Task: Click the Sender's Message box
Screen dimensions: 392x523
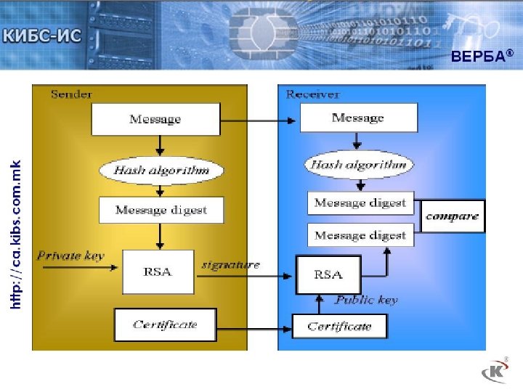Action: pos(155,119)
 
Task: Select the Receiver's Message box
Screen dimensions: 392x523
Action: pos(358,118)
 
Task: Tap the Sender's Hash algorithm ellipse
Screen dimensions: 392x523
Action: pos(161,171)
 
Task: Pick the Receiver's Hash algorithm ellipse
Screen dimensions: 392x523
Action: pos(359,165)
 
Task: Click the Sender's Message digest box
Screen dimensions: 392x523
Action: pos(161,210)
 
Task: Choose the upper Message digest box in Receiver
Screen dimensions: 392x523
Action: pos(360,203)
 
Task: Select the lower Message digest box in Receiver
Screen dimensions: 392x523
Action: pos(360,235)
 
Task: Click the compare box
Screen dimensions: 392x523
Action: pos(453,216)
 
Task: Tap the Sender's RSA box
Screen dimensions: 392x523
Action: pos(158,271)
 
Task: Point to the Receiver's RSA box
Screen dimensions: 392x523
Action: pos(328,274)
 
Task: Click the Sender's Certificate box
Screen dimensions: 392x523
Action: pos(165,324)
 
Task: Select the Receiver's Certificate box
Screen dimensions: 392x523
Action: pos(339,326)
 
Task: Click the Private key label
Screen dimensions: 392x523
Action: pos(70,256)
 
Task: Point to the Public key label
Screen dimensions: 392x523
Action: pos(366,299)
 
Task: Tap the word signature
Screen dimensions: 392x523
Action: pos(230,264)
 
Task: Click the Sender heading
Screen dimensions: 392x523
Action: pos(71,94)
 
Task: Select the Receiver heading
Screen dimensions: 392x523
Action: pos(313,94)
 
